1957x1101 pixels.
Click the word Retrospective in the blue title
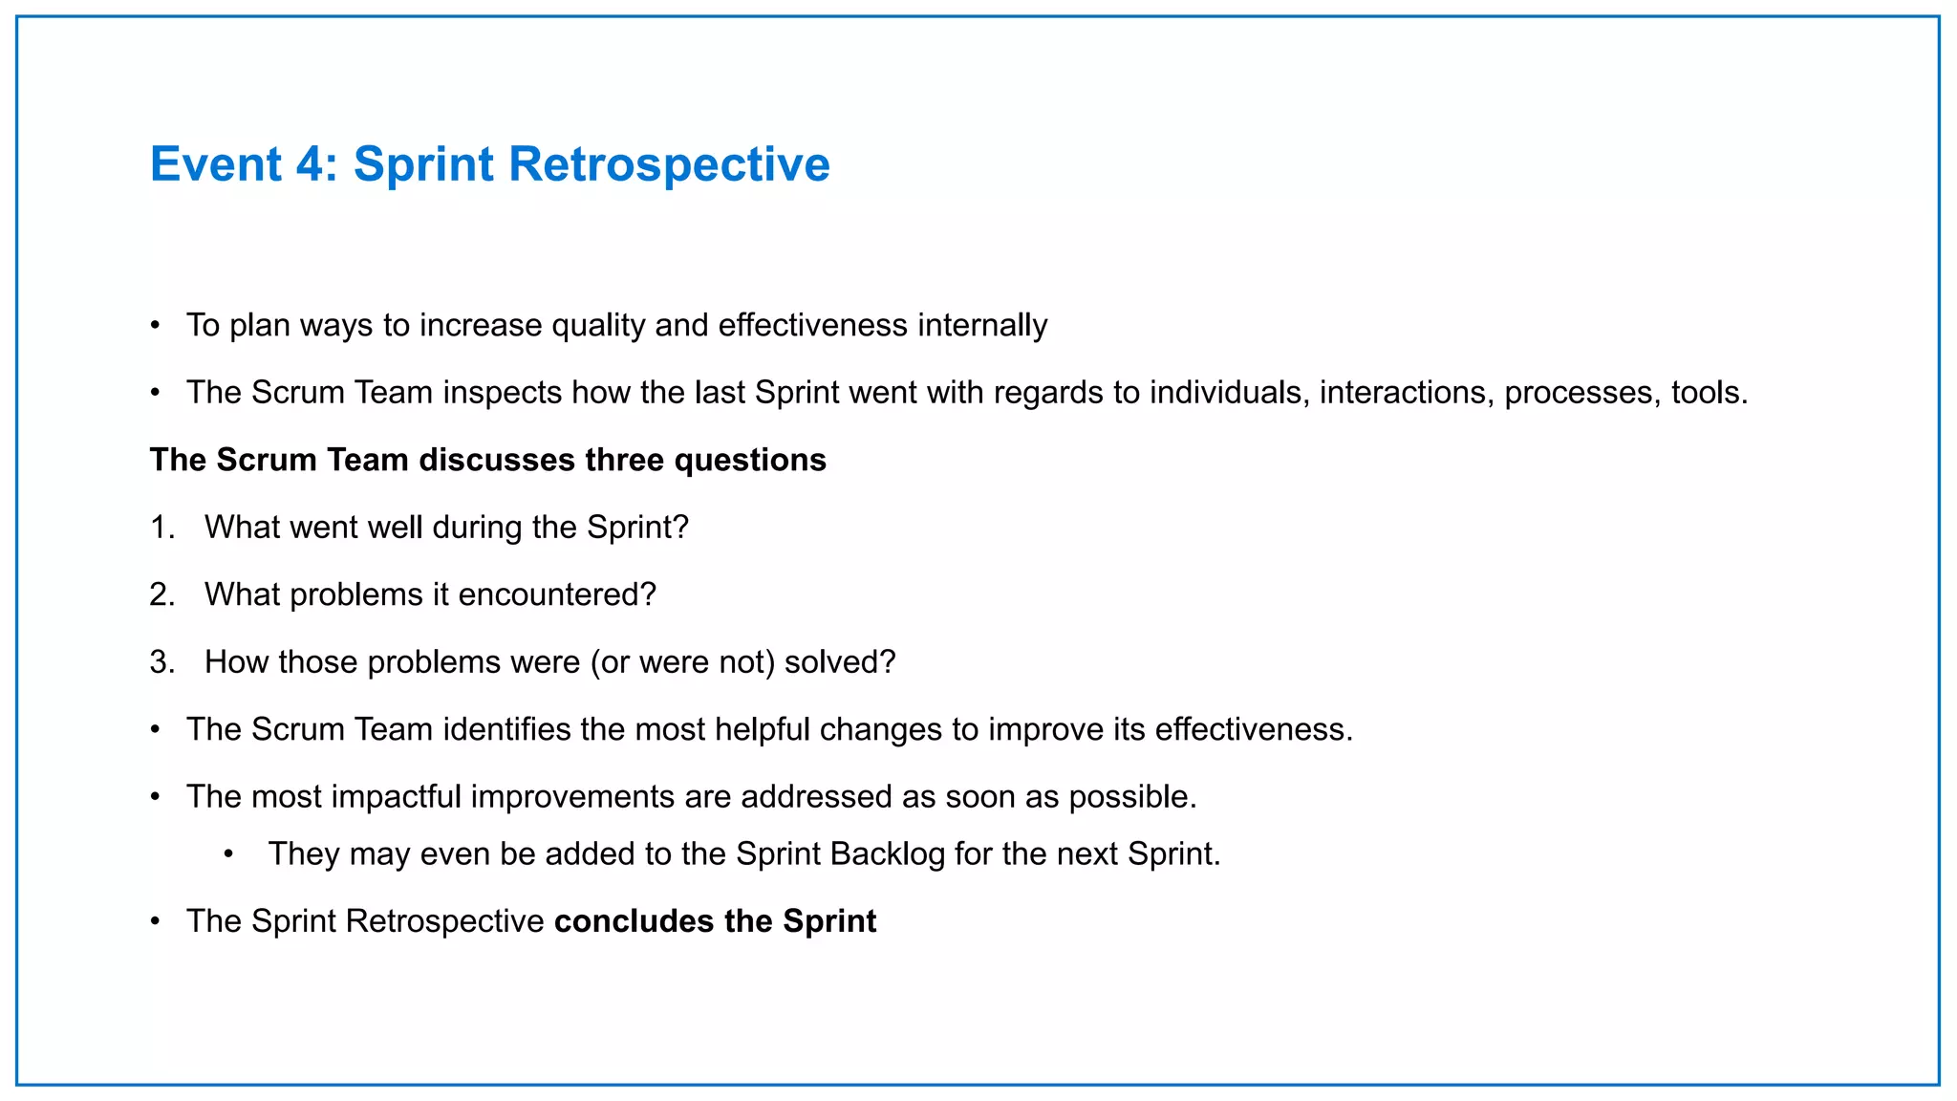click(x=669, y=164)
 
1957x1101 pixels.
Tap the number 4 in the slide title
click(x=311, y=164)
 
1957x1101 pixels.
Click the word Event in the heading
click(x=216, y=164)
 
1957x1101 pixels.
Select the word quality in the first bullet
click(x=599, y=326)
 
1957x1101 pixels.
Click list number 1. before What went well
click(x=162, y=528)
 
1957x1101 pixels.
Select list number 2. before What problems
click(x=162, y=594)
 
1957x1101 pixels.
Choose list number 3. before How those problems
click(x=162, y=662)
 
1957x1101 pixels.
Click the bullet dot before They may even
click(x=229, y=853)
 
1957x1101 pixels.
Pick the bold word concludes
click(x=634, y=921)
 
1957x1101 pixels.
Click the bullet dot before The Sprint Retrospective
click(x=156, y=921)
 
